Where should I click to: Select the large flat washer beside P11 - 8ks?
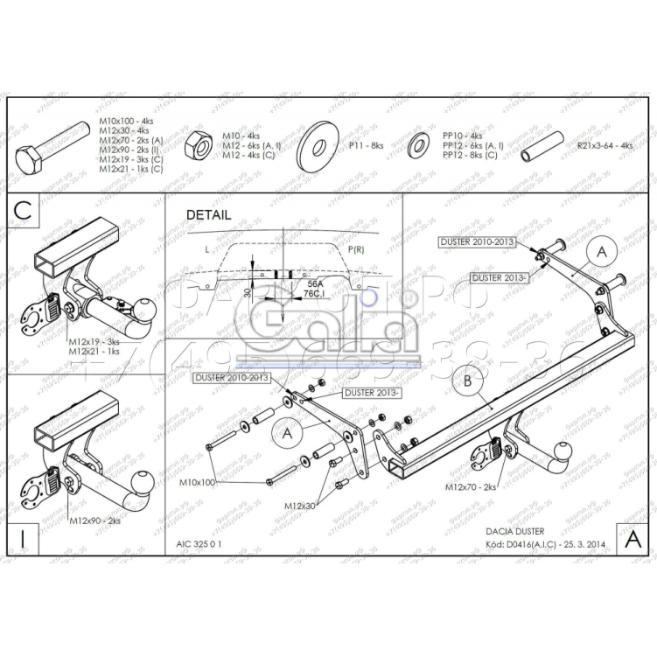(318, 145)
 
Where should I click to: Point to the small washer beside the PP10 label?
(418, 145)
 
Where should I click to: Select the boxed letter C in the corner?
(24, 210)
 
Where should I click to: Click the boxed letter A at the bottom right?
(633, 539)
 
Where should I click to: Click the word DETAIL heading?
(208, 214)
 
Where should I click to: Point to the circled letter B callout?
(467, 381)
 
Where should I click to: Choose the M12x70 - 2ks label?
(470, 486)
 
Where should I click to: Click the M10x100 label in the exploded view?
(197, 482)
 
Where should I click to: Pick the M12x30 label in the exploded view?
(301, 506)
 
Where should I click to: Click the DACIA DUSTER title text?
(515, 531)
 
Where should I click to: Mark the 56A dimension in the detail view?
(313, 284)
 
